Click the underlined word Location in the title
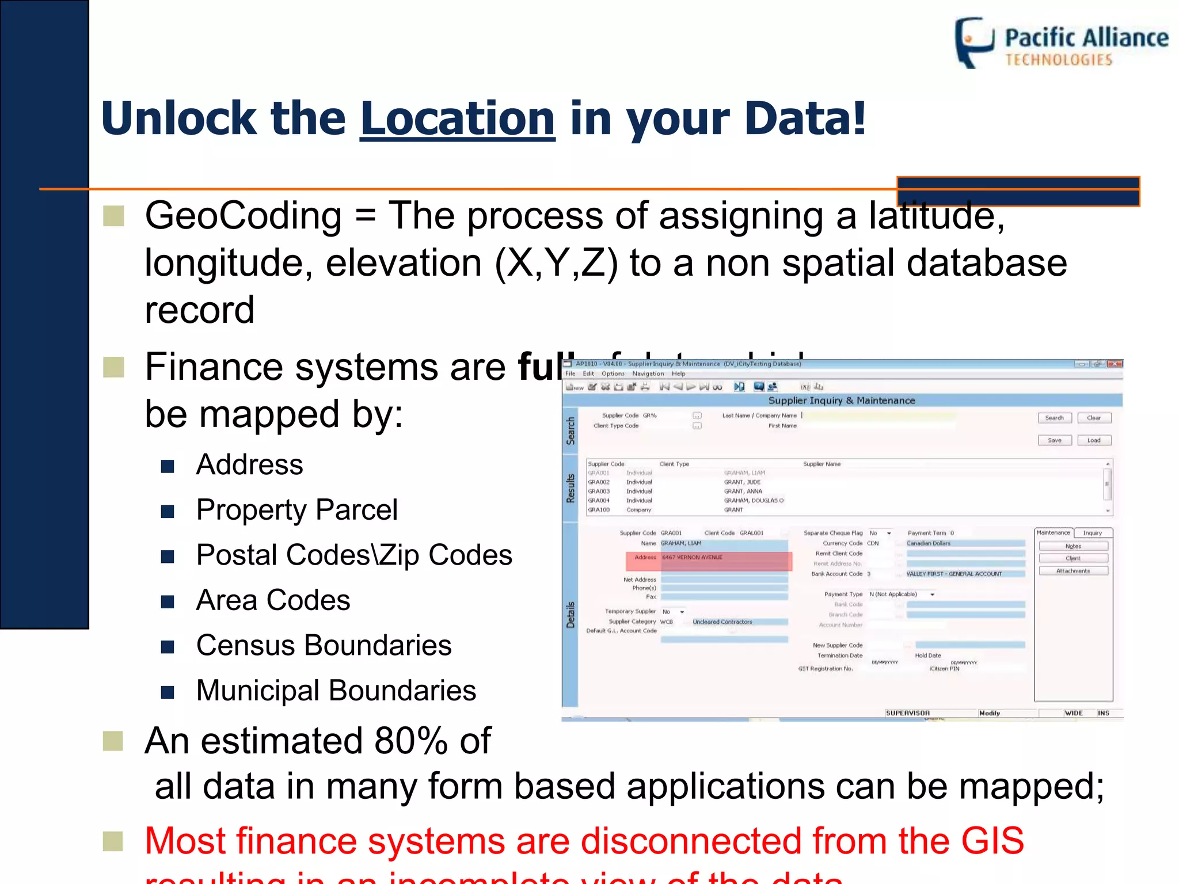[x=457, y=119]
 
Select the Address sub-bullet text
[x=249, y=464]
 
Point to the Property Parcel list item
[x=296, y=510]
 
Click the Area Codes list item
[x=273, y=600]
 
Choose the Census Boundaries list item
[x=324, y=645]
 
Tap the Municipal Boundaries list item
[x=336, y=691]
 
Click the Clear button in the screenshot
[x=1093, y=418]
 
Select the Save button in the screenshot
[x=1054, y=440]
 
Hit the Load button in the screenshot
[x=1093, y=440]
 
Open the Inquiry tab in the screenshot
[x=1092, y=533]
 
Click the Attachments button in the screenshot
[x=1073, y=571]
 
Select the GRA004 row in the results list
[x=599, y=501]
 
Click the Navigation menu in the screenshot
[x=648, y=374]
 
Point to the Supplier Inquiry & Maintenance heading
[x=841, y=401]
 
